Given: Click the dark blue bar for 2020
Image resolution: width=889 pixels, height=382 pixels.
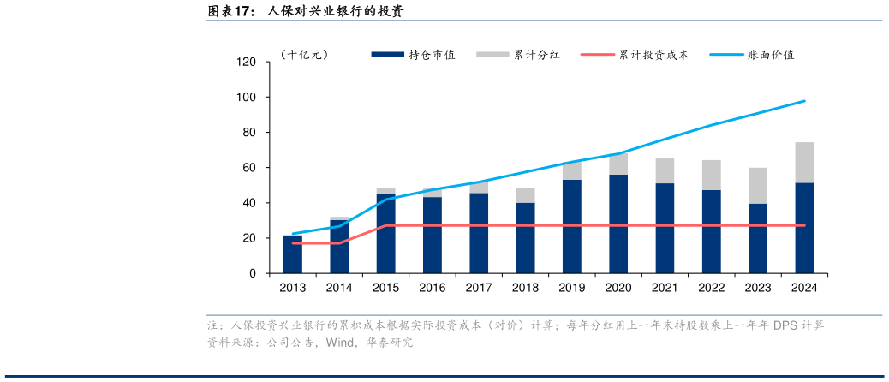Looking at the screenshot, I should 618,224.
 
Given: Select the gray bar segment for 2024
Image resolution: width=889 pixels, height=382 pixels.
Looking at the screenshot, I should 804,163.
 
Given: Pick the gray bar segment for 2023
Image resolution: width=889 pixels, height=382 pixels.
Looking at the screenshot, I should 757,186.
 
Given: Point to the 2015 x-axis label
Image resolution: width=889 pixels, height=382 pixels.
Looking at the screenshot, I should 386,288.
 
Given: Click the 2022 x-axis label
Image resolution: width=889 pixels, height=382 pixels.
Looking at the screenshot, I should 711,288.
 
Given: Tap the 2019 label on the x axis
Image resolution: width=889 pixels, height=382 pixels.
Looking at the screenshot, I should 571,288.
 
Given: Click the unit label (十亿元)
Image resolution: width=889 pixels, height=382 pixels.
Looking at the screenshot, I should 303,55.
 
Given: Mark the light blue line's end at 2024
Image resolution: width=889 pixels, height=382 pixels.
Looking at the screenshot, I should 804,101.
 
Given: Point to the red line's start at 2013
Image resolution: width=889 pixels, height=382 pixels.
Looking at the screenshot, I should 293,243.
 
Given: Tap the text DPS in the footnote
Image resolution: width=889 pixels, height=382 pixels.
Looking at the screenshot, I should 786,326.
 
